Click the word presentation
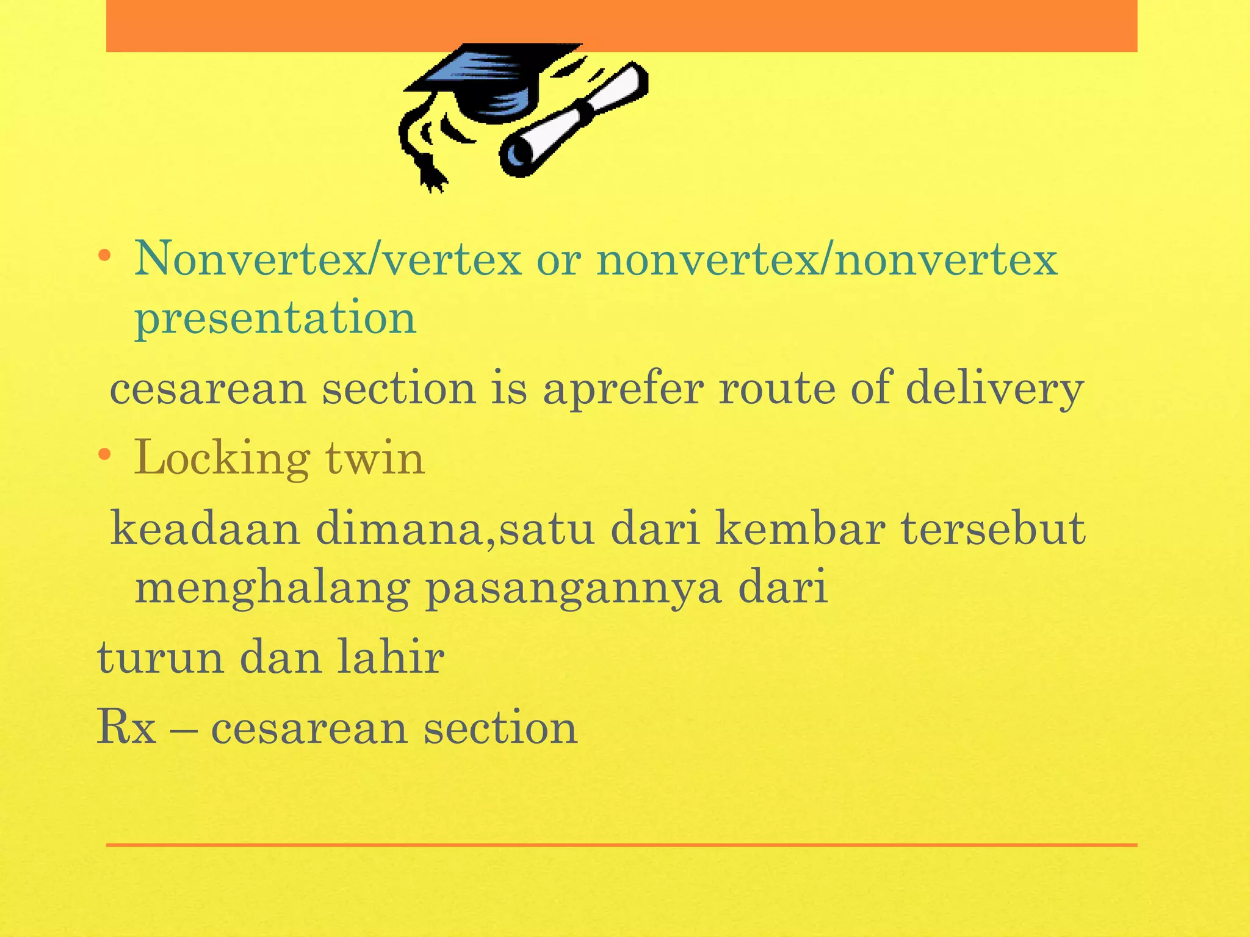275,318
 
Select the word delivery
995,389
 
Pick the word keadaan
205,529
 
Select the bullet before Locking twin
105,454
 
